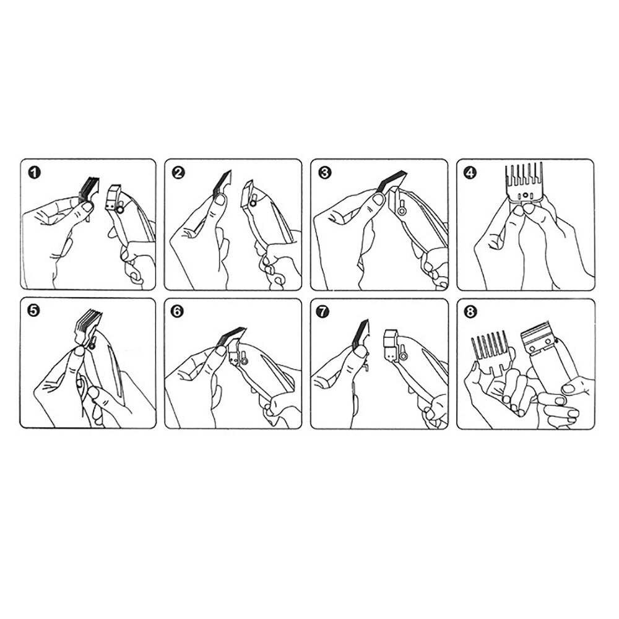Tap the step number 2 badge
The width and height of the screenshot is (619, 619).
click(x=179, y=173)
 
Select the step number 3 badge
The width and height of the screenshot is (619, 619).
click(x=324, y=173)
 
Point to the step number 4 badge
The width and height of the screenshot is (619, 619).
click(x=471, y=173)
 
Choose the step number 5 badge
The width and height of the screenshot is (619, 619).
click(x=34, y=311)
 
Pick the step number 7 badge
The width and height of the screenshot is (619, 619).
click(x=323, y=311)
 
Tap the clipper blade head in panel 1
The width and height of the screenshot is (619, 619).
click(x=113, y=198)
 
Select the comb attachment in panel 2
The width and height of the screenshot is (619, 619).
click(x=222, y=184)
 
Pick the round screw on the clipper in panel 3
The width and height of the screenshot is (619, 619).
click(x=402, y=211)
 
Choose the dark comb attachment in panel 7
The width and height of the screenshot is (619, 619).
click(x=360, y=335)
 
